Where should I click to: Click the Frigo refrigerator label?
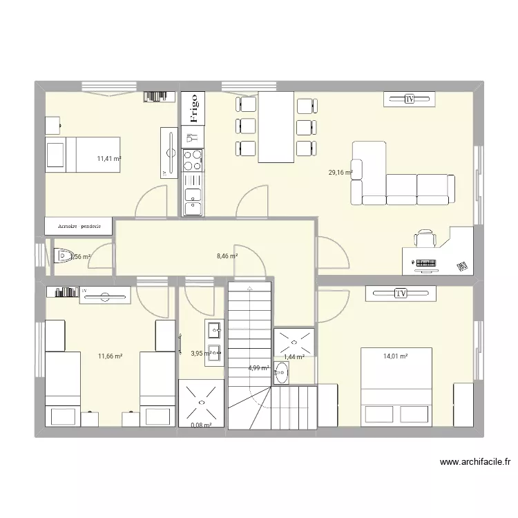(x=193, y=109)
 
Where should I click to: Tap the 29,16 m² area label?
(x=340, y=173)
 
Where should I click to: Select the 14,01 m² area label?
(x=395, y=356)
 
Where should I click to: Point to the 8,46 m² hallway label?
(x=227, y=256)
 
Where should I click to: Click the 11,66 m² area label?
(x=110, y=356)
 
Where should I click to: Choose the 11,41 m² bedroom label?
(x=109, y=158)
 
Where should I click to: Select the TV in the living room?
(x=410, y=100)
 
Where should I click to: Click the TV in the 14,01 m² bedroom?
(x=401, y=294)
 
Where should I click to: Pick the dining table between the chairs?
(x=276, y=127)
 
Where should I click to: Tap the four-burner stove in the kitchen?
(x=193, y=160)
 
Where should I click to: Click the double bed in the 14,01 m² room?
(x=396, y=387)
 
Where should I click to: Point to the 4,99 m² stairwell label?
(x=258, y=368)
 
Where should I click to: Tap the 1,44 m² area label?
(x=294, y=357)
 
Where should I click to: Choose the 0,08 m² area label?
(x=200, y=425)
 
